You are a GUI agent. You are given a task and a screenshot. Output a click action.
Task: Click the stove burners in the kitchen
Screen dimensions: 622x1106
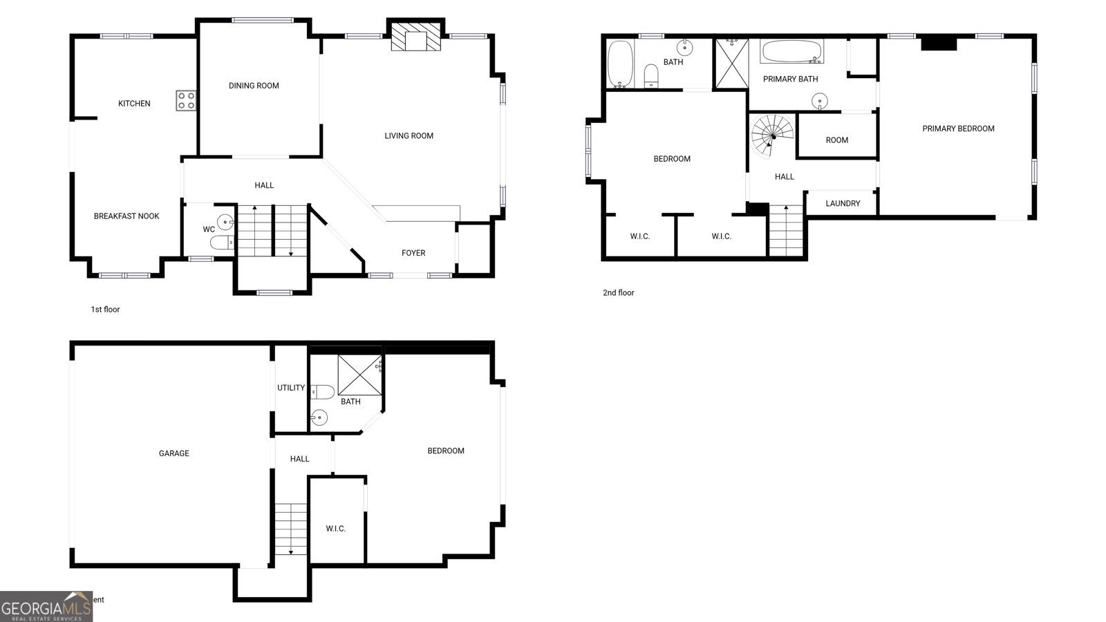click(186, 101)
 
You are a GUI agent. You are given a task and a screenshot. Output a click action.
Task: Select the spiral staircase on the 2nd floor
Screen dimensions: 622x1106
click(772, 135)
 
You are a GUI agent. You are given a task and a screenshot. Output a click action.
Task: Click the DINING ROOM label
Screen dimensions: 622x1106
click(254, 86)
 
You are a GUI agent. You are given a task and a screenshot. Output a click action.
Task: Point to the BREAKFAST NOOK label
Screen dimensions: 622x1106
click(126, 216)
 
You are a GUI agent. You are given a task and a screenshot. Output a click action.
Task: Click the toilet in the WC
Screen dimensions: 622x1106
click(222, 242)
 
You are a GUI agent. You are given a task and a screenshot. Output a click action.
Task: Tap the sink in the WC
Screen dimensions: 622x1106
click(225, 222)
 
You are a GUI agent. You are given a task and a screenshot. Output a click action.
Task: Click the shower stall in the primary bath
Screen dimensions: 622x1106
click(731, 64)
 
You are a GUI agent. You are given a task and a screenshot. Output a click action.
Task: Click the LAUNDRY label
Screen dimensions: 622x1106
click(843, 203)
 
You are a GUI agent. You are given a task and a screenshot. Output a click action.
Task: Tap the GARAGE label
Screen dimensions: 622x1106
click(174, 453)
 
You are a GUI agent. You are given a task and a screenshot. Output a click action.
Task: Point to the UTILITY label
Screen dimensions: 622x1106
click(291, 388)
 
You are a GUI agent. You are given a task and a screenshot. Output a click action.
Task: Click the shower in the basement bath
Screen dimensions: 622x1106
click(359, 374)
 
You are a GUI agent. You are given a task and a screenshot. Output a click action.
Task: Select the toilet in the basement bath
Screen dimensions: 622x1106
click(322, 392)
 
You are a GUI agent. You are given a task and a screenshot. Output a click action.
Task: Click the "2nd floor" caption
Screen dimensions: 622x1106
click(618, 293)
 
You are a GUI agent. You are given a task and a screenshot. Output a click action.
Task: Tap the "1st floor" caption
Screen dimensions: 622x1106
click(105, 310)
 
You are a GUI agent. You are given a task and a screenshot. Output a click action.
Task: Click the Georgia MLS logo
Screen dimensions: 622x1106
click(46, 607)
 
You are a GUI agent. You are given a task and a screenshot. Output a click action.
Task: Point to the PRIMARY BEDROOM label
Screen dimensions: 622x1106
click(958, 129)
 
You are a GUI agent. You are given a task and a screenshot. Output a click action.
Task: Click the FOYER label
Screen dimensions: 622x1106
click(413, 253)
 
